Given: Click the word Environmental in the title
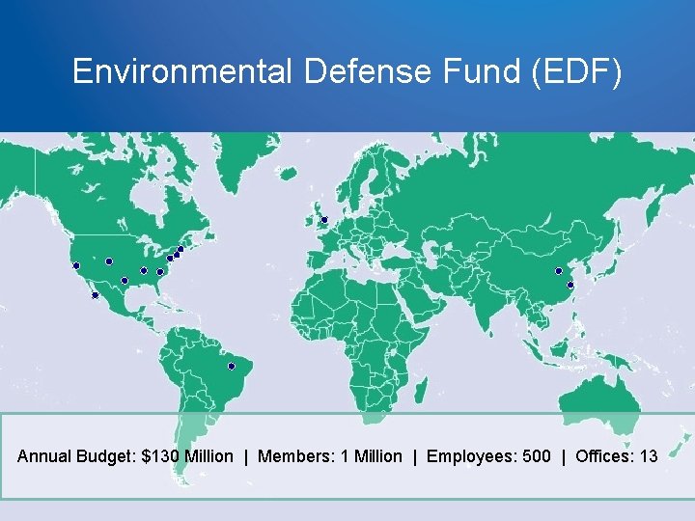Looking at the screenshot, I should coord(181,71).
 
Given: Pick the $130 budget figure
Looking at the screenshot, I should coord(160,456).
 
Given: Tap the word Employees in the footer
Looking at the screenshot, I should coord(466,456).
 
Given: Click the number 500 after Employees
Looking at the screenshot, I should coord(536,456).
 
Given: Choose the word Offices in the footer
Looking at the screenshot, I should coord(604,456).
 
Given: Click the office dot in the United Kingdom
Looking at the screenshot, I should coord(324,220).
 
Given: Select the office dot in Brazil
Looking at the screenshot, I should coord(232,366).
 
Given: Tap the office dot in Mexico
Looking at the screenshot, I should coord(95,295).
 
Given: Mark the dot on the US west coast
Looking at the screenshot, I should coord(75,265).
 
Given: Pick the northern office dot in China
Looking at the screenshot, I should coord(558,271).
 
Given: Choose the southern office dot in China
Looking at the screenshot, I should coord(570,285).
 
